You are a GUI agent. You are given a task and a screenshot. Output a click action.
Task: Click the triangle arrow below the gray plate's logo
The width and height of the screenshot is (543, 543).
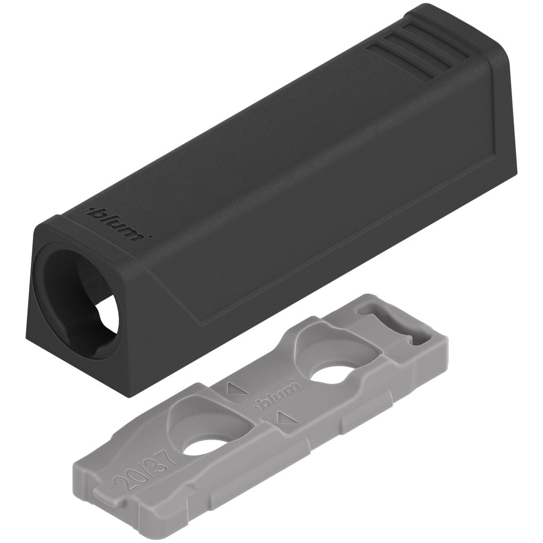281,419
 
